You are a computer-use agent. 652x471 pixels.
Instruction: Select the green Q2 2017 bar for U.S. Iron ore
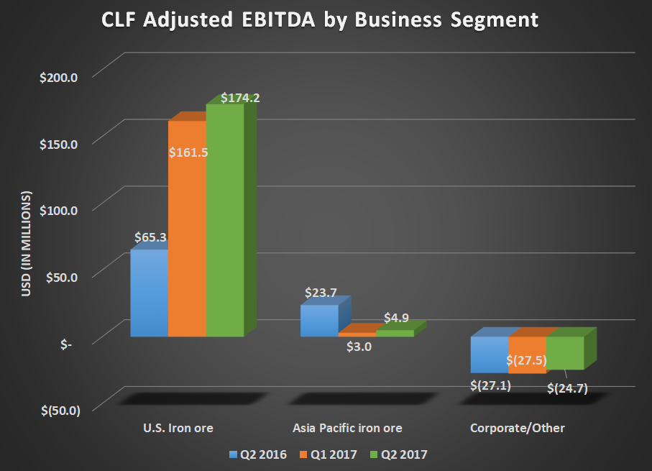tap(224, 223)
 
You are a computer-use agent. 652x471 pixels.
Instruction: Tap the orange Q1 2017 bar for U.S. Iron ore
tap(187, 237)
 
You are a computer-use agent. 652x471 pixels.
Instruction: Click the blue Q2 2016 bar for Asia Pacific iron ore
tap(318, 321)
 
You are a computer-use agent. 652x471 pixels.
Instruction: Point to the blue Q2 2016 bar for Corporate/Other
tap(489, 355)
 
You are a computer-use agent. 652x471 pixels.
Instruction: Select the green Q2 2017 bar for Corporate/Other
tap(565, 352)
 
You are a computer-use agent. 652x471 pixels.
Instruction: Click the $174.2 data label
tap(240, 97)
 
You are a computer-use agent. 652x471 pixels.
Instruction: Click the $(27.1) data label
tap(491, 386)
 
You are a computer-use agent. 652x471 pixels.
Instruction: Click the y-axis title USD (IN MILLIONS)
tap(28, 245)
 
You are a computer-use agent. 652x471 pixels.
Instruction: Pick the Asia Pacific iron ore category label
tap(347, 428)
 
